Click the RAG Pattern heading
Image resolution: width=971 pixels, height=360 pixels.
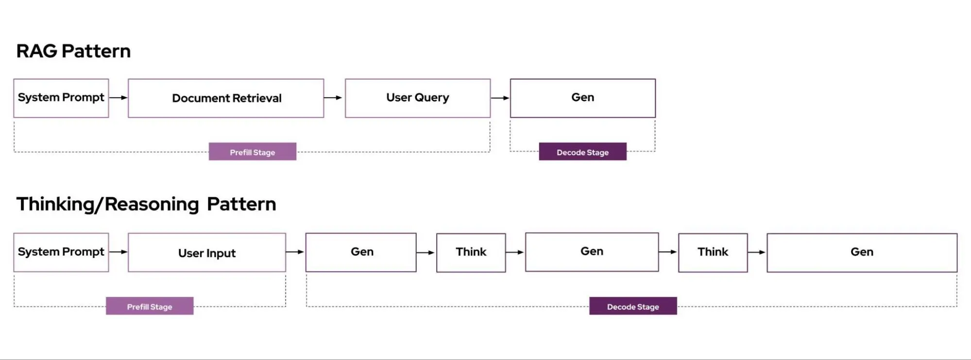pos(73,51)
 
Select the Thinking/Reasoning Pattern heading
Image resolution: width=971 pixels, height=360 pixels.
pos(146,204)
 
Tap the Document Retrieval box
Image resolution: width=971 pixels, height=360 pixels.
pos(226,98)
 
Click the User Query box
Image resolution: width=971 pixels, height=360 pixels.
pos(418,98)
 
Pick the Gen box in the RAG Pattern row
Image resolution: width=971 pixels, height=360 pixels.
pos(582,98)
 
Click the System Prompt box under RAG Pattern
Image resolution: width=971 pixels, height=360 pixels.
pos(61,98)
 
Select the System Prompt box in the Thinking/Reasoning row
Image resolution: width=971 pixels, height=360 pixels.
pos(61,252)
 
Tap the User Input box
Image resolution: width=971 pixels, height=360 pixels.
pos(207,253)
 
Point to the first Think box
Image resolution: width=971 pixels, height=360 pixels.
pos(471,252)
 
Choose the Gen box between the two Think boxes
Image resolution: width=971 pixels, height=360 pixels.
pos(592,252)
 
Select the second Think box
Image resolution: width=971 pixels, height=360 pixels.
pos(713,252)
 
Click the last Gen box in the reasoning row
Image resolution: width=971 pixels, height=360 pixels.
pos(862,252)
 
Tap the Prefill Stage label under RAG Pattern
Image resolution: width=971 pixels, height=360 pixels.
pos(253,152)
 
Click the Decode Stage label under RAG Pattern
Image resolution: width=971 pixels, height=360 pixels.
pos(582,152)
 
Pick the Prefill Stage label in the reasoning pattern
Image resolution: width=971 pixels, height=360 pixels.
pos(150,306)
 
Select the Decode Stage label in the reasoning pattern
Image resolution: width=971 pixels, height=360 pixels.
pos(633,306)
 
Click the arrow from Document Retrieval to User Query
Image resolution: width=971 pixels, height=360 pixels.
pos(333,98)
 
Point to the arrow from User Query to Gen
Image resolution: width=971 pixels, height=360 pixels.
pos(500,98)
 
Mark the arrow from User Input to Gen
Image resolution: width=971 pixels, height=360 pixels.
pos(295,252)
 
